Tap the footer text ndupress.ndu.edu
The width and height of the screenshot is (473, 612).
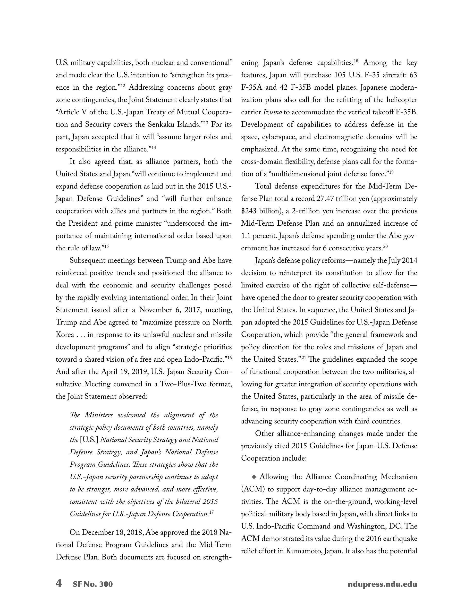coord(382,584)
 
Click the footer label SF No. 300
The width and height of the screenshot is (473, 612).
coord(93,584)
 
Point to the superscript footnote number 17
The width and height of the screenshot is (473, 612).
coord(212,512)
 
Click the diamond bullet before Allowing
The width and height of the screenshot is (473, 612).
coord(254,477)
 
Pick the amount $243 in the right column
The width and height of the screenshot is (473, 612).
coord(249,211)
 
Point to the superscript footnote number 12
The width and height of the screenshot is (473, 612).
coord(122,86)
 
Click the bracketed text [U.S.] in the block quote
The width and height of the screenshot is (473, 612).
coord(89,440)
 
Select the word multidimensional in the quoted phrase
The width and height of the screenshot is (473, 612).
coord(298,174)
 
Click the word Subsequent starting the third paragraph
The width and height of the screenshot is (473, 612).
coord(87,261)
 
